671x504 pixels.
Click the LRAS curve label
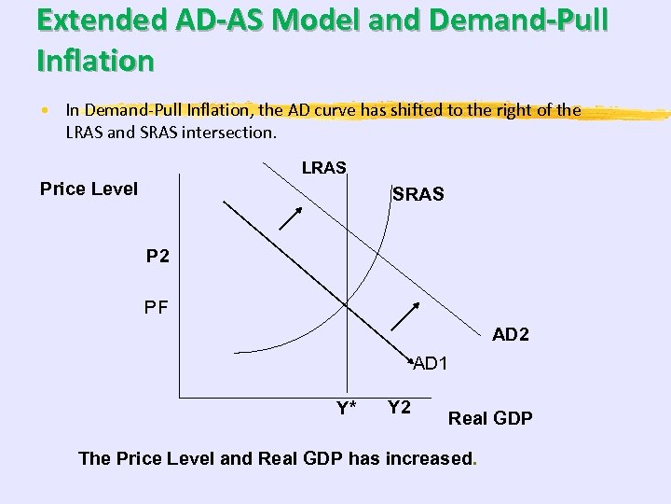pyautogui.click(x=324, y=168)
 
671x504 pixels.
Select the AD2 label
pyautogui.click(x=511, y=333)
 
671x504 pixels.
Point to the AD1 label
pyautogui.click(x=431, y=362)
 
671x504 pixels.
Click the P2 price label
pyautogui.click(x=157, y=255)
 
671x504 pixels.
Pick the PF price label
pyautogui.click(x=157, y=305)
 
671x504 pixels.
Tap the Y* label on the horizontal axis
pyautogui.click(x=347, y=407)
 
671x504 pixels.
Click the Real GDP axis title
pyautogui.click(x=491, y=418)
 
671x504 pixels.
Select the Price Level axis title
pyautogui.click(x=89, y=189)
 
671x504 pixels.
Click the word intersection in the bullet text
pyautogui.click(x=233, y=132)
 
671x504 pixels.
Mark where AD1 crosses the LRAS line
pyautogui.click(x=346, y=303)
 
